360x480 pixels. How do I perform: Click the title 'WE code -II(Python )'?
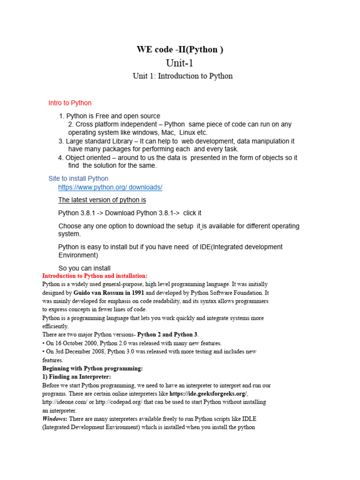[180, 50]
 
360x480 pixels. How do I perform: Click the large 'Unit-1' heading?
[180, 63]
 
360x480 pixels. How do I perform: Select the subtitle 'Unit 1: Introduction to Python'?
[182, 76]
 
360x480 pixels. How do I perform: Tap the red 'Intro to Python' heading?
[70, 103]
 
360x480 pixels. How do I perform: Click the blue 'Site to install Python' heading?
[78, 179]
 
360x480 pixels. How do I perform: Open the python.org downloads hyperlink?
[110, 187]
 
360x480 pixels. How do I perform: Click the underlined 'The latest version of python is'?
[102, 200]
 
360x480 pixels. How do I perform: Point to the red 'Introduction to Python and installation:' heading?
[95, 276]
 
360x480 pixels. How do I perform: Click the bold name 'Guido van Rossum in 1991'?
[105, 292]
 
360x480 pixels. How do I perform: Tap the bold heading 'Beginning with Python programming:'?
[92, 368]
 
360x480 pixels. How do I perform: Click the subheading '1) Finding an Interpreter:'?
[76, 377]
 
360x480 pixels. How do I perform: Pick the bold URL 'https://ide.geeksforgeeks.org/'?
[208, 394]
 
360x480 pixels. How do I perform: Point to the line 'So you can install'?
[84, 268]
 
